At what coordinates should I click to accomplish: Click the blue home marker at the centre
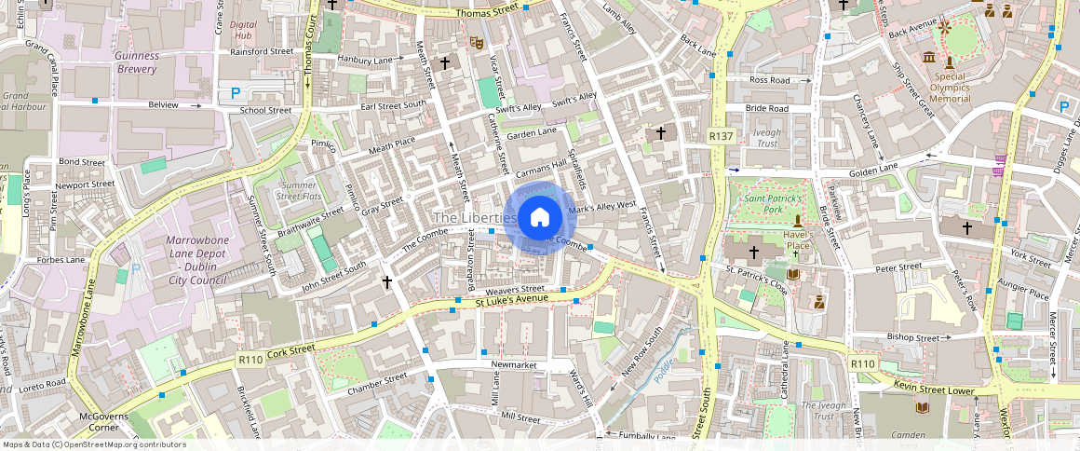pyautogui.click(x=539, y=218)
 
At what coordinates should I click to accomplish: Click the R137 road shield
pyautogui.click(x=720, y=136)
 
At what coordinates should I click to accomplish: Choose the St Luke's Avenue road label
pyautogui.click(x=511, y=302)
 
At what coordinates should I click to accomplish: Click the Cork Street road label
pyautogui.click(x=290, y=352)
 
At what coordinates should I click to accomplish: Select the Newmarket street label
pyautogui.click(x=514, y=365)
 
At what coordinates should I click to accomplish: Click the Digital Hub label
pyautogui.click(x=242, y=30)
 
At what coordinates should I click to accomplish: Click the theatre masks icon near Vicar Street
pyautogui.click(x=476, y=42)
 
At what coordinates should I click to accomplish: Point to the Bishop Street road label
pyautogui.click(x=914, y=337)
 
